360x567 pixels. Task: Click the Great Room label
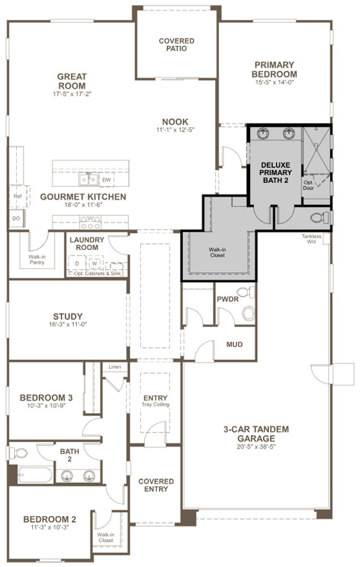click(71, 81)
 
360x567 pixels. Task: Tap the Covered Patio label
click(176, 45)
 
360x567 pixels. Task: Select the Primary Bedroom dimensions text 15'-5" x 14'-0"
click(274, 81)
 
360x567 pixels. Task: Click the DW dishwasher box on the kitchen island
click(107, 180)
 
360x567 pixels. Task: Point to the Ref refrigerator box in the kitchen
click(17, 196)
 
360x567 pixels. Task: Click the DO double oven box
click(16, 218)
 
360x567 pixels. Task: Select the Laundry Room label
click(84, 243)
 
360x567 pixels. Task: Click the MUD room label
click(234, 345)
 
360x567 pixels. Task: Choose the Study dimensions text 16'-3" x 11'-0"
click(68, 325)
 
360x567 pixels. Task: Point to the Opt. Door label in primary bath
click(308, 185)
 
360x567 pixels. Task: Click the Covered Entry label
click(156, 485)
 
